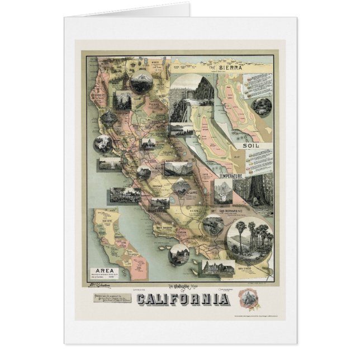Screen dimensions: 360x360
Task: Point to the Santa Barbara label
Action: [163, 228]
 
